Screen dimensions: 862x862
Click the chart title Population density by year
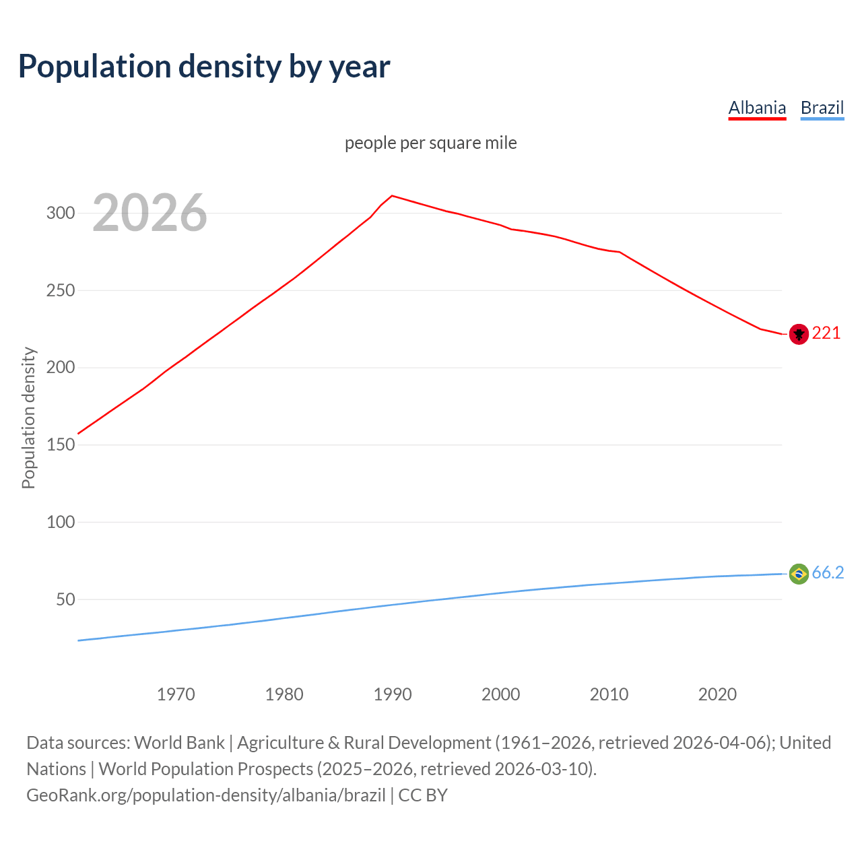point(204,67)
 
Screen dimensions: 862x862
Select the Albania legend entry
point(757,108)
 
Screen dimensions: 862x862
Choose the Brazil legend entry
point(822,108)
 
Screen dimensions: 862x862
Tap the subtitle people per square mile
point(431,143)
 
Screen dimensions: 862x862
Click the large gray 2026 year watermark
point(150,213)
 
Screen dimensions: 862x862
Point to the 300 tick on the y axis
point(60,213)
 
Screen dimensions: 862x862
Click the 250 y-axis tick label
point(60,291)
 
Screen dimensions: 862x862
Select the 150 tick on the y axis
point(60,445)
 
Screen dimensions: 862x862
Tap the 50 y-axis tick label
point(65,599)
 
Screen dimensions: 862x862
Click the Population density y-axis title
point(28,418)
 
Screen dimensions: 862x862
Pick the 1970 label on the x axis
point(176,694)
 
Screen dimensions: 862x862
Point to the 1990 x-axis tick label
point(393,694)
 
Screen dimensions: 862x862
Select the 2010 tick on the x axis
point(609,694)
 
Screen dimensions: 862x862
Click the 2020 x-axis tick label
point(717,694)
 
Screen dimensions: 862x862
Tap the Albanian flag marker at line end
point(799,334)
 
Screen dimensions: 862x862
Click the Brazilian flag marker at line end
point(799,574)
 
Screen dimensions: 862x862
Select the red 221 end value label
point(826,333)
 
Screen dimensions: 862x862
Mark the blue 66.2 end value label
point(828,573)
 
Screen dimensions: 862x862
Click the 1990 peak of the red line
point(393,196)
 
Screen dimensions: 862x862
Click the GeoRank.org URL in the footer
point(206,795)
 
